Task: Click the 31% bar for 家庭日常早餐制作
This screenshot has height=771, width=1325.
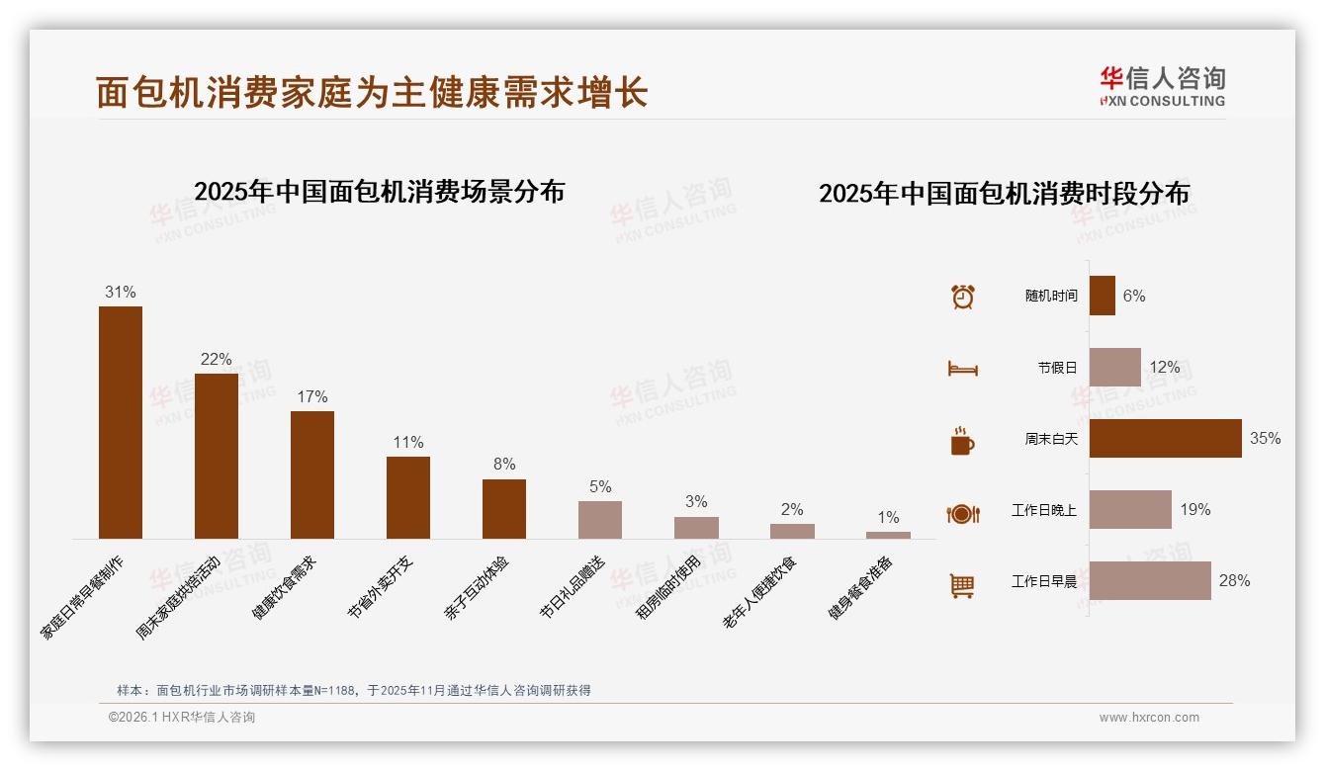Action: click(x=120, y=422)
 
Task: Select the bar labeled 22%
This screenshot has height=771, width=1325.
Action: click(x=216, y=456)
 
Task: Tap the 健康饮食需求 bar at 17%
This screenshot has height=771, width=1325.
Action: click(x=311, y=474)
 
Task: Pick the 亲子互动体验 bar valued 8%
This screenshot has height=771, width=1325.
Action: click(x=503, y=509)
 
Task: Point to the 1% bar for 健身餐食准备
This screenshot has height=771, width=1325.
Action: click(x=888, y=535)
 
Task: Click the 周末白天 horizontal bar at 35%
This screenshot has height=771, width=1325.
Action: click(x=1165, y=438)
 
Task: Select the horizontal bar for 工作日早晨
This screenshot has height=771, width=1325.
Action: click(x=1150, y=580)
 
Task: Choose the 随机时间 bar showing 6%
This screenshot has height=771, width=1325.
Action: click(x=1102, y=296)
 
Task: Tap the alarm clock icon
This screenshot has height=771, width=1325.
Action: click(x=962, y=297)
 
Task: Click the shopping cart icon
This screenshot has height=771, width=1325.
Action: click(x=962, y=585)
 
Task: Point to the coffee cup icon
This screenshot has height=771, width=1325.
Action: click(x=962, y=441)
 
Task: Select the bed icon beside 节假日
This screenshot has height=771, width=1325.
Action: click(x=962, y=369)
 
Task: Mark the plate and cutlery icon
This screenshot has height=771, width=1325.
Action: click(x=962, y=513)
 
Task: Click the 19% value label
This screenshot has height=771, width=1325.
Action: click(x=1194, y=510)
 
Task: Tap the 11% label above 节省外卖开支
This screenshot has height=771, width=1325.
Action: click(x=407, y=442)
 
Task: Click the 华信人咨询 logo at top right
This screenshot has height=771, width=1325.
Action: click(x=1162, y=86)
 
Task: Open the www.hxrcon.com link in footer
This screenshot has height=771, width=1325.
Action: click(x=1149, y=718)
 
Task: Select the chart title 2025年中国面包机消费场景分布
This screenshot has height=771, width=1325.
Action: click(x=379, y=191)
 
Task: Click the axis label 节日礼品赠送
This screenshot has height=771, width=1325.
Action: click(x=573, y=587)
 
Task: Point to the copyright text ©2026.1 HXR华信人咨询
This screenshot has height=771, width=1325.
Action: click(x=182, y=718)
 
